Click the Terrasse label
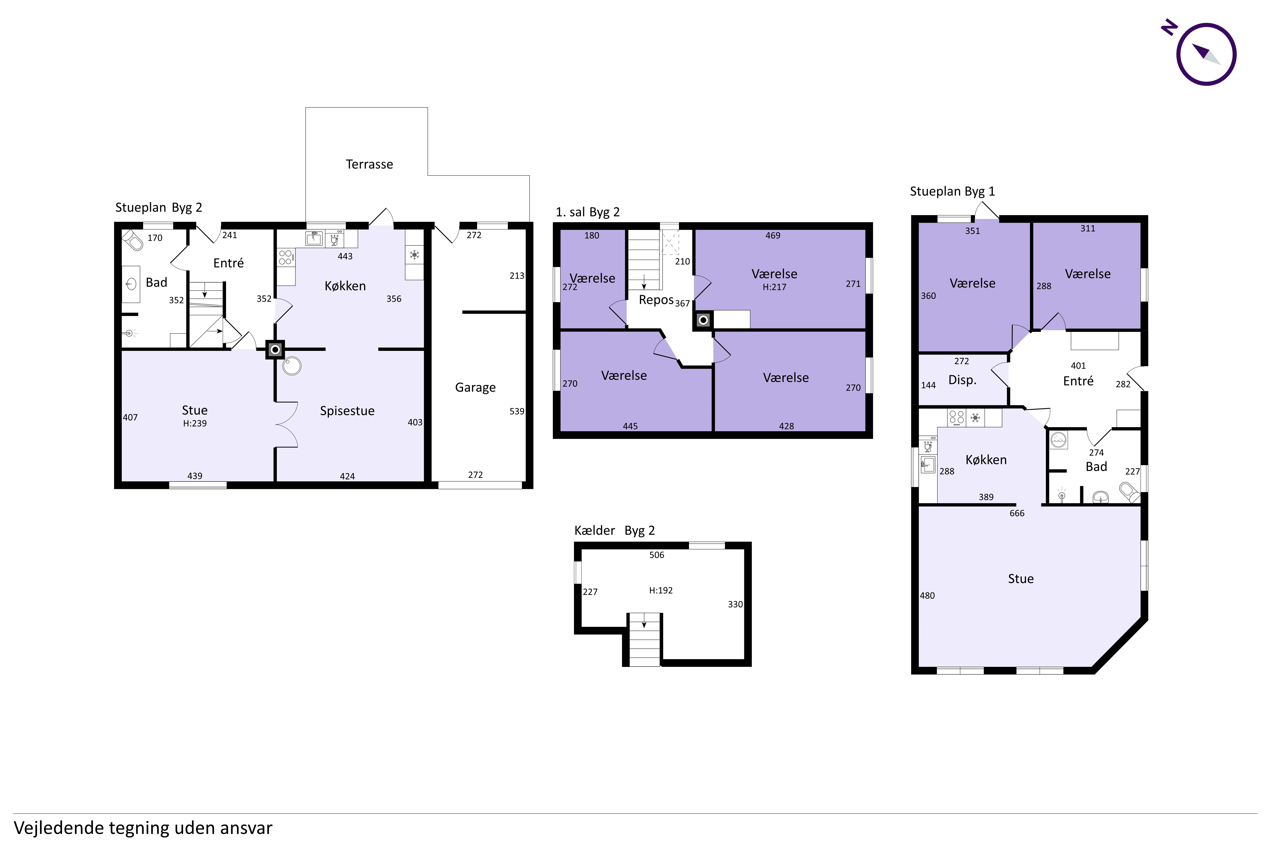coord(369,164)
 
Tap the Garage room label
coord(475,387)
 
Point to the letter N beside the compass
coord(1170,27)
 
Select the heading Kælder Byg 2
coord(614,530)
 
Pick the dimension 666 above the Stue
coord(1017,513)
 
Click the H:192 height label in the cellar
coord(661,590)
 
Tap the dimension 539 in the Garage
coord(517,411)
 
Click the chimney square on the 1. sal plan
coord(703,320)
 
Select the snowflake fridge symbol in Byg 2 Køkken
coord(414,255)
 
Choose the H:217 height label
coord(774,287)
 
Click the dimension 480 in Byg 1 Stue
coord(927,595)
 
